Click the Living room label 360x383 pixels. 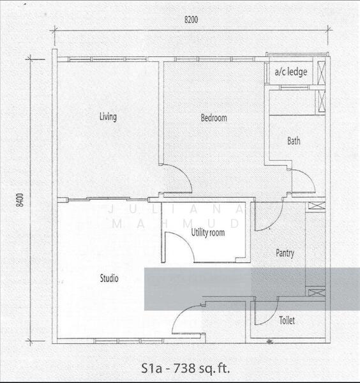(x=108, y=117)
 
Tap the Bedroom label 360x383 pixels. (x=214, y=118)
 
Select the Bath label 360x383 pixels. (x=294, y=141)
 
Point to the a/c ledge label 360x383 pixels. (x=290, y=71)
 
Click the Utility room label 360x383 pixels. (x=208, y=232)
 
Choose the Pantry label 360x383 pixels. (x=285, y=253)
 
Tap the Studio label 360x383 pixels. (x=109, y=278)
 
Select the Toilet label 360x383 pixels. (x=287, y=320)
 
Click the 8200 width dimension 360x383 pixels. (x=191, y=20)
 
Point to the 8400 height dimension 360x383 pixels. (x=20, y=200)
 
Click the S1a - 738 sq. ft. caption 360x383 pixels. (x=186, y=368)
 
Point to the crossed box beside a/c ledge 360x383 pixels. (x=322, y=72)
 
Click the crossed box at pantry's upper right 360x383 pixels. (x=317, y=206)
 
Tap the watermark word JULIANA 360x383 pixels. (x=176, y=209)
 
